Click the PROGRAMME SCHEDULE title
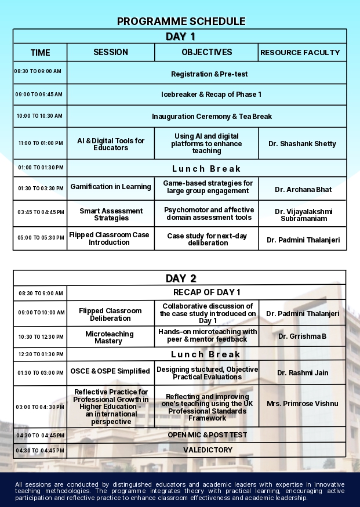pos(181,21)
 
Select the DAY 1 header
pos(180,37)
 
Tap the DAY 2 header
pos(180,278)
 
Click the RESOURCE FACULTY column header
pos(300,53)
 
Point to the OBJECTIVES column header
pos(206,52)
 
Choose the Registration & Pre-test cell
pos(209,74)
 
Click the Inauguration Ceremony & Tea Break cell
pos(212,117)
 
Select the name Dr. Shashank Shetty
pos(302,144)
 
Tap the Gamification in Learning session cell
pos(111,187)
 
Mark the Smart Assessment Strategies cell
pos(111,215)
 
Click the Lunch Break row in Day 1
pos(205,169)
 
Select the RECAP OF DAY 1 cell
pos(206,292)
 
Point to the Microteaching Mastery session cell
pos(110,338)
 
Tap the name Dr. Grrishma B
pos(302,336)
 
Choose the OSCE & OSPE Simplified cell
pos(110,371)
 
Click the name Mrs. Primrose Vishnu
pos(302,403)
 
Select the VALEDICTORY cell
pos(208,450)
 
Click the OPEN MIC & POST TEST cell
pos(208,435)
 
